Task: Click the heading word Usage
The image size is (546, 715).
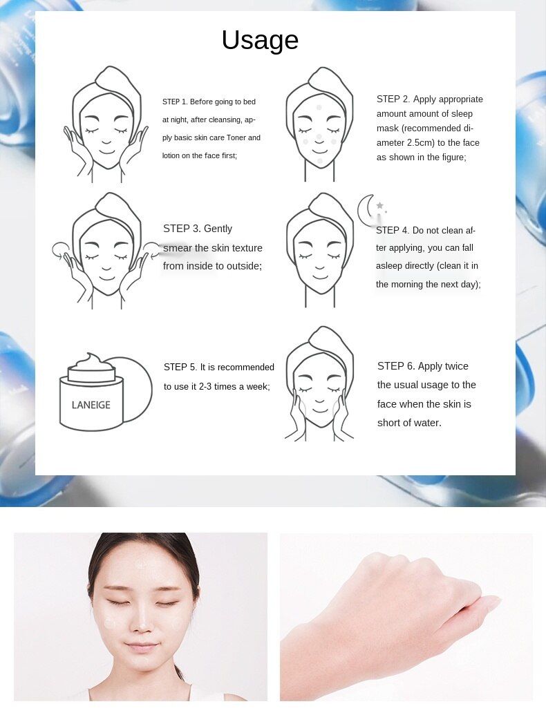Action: pyautogui.click(x=260, y=41)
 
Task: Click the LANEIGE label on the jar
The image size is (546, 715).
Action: pyautogui.click(x=91, y=405)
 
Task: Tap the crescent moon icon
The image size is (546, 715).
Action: pyautogui.click(x=366, y=211)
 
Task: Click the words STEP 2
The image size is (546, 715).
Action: pyautogui.click(x=393, y=99)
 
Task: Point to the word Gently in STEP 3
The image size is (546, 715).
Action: pyautogui.click(x=218, y=229)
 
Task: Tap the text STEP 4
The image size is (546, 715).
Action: pyautogui.click(x=392, y=230)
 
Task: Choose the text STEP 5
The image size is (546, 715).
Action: pyautogui.click(x=180, y=367)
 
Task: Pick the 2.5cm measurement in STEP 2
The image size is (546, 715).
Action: pyautogui.click(x=420, y=143)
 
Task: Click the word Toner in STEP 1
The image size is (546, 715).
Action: pyautogui.click(x=236, y=137)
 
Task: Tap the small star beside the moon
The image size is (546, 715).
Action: pyautogui.click(x=379, y=205)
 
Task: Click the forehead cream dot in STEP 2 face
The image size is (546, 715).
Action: pyautogui.click(x=319, y=108)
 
